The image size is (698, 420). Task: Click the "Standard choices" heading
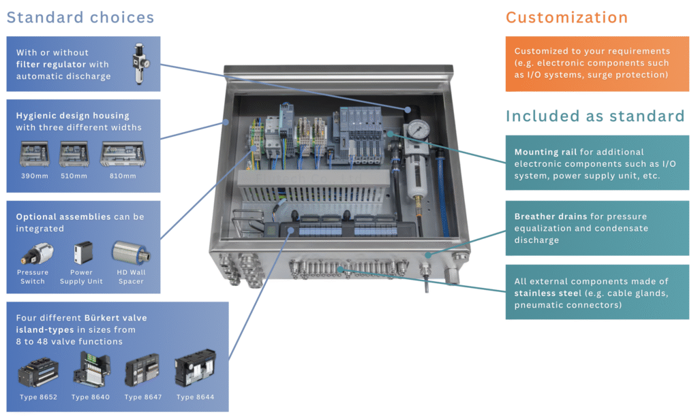tap(80, 17)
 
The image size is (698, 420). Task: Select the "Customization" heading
tap(566, 18)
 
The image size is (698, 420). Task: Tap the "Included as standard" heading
tap(594, 116)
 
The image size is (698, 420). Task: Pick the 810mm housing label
tap(123, 176)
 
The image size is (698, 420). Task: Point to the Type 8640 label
tap(90, 397)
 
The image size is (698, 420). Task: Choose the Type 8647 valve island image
tap(143, 372)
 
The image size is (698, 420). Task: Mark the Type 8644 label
tap(195, 397)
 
